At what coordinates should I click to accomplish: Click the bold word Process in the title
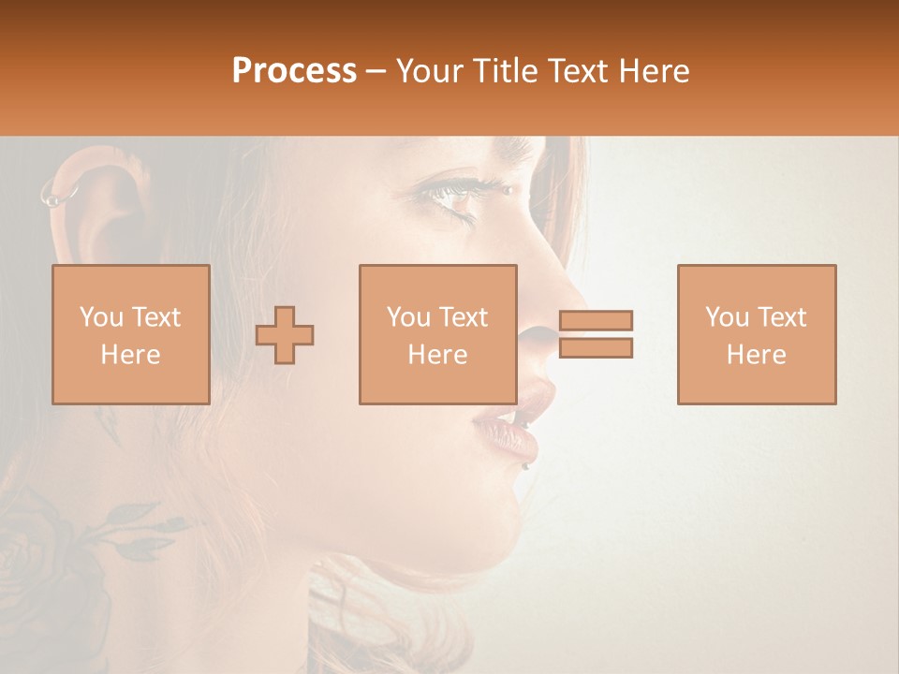(x=294, y=71)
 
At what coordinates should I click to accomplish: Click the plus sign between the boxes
(x=285, y=335)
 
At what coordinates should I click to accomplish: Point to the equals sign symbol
(x=596, y=334)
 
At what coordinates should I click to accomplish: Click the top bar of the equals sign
(x=596, y=320)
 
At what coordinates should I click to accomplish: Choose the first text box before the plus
(x=131, y=335)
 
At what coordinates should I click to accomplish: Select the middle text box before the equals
(x=438, y=335)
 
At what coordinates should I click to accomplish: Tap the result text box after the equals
(x=757, y=335)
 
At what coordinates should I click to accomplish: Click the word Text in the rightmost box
(x=782, y=317)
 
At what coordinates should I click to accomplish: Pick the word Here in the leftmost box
(x=131, y=355)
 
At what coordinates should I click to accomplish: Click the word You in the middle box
(x=409, y=317)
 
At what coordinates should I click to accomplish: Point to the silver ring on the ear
(x=59, y=195)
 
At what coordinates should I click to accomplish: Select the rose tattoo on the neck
(x=56, y=552)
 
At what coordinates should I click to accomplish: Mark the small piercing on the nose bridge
(x=509, y=189)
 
